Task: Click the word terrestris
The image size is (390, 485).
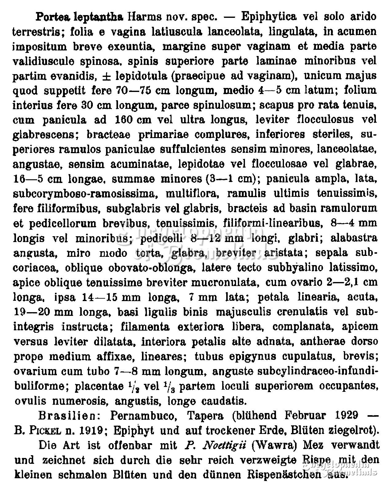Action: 38,31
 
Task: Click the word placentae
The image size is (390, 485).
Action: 100,386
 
